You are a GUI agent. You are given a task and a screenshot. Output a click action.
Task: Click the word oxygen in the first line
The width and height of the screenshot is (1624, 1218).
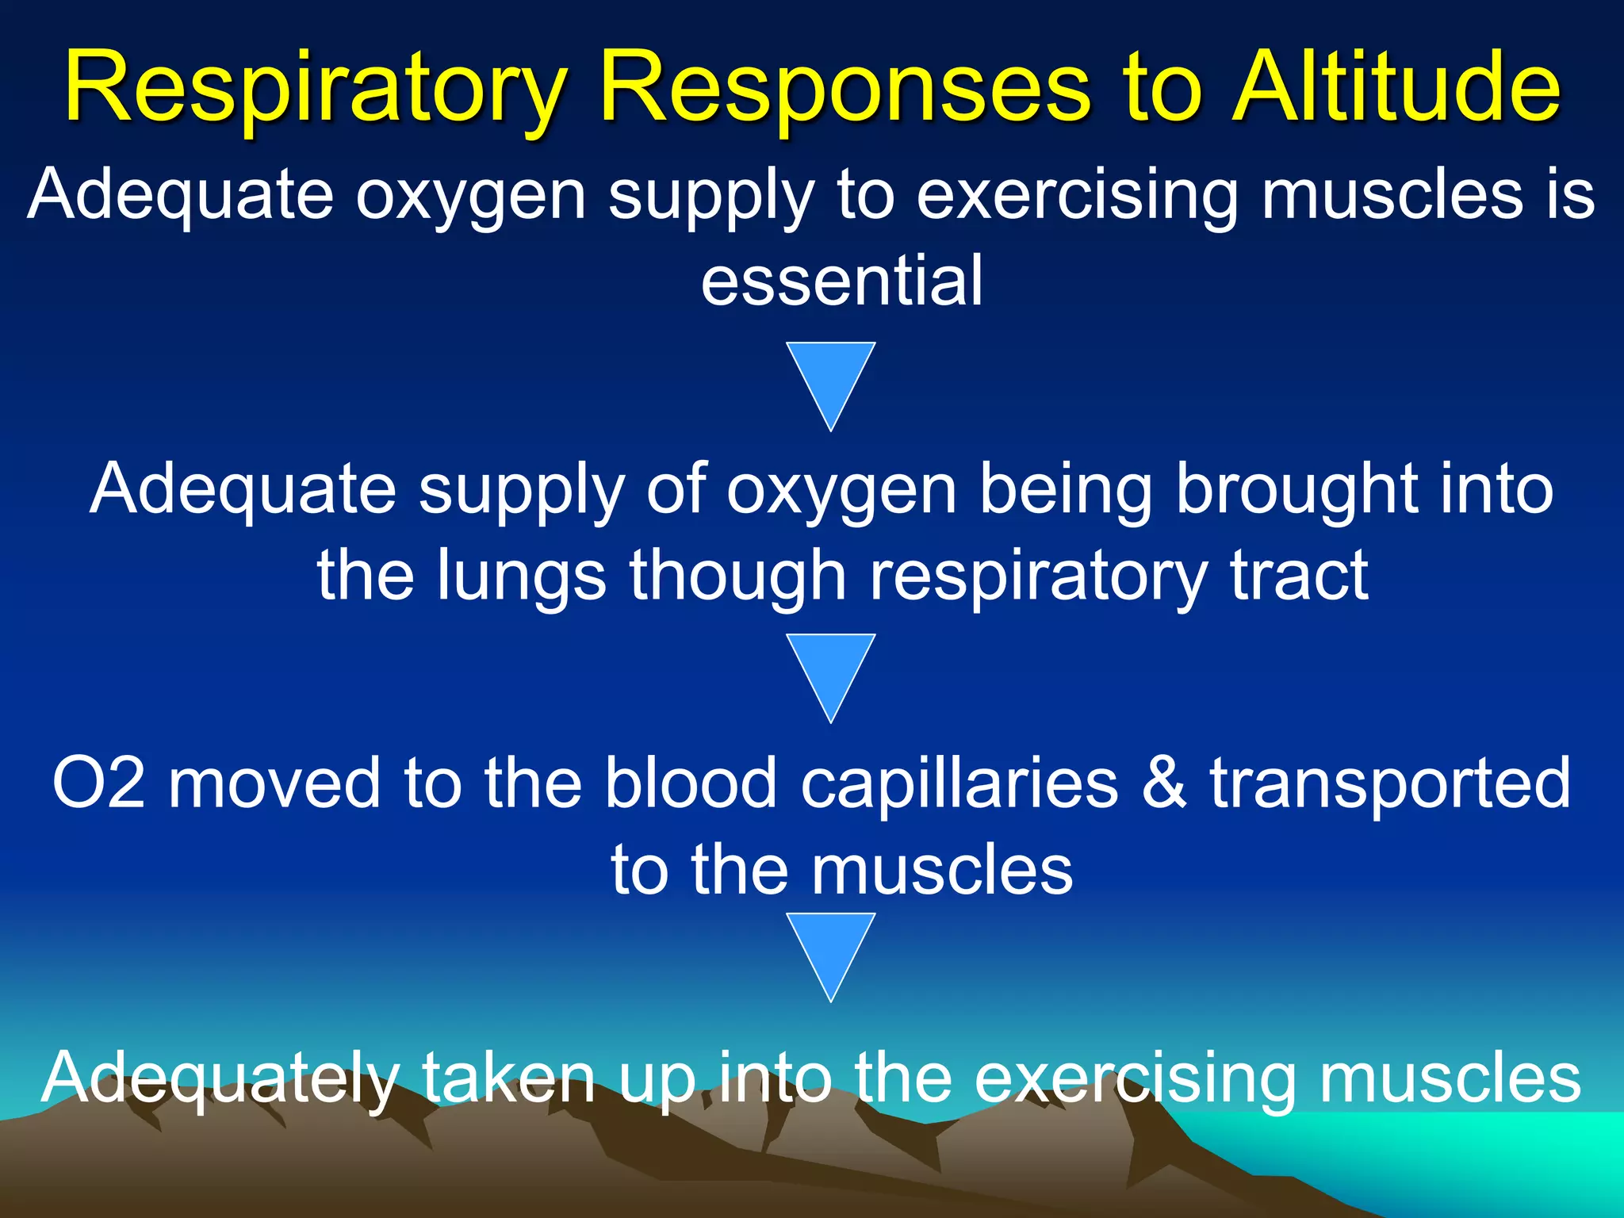(471, 197)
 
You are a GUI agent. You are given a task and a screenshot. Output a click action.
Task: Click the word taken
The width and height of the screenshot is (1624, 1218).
(507, 1077)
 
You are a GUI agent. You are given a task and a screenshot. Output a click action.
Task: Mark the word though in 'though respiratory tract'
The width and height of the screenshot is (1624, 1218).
(738, 577)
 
